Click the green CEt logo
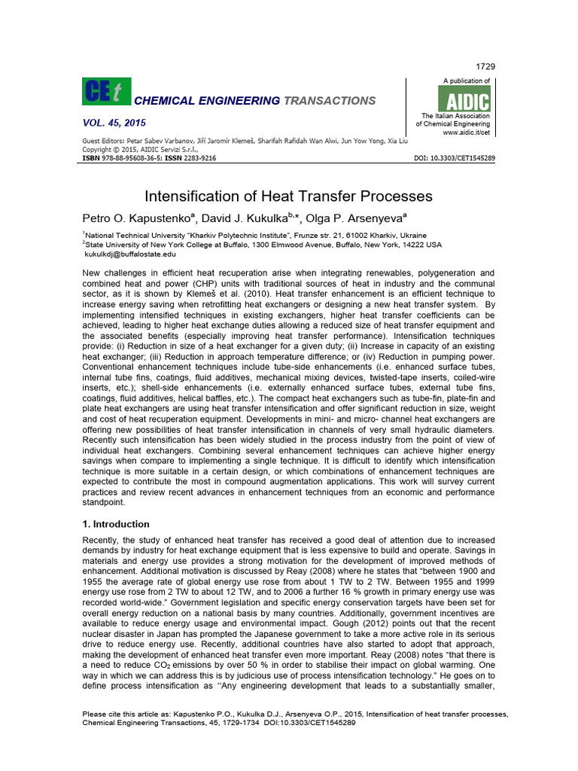(x=106, y=92)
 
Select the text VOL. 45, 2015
(x=114, y=123)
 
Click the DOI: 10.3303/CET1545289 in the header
(x=455, y=159)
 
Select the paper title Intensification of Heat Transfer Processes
(x=288, y=197)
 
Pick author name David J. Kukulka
(x=245, y=218)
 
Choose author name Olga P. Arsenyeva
(x=354, y=218)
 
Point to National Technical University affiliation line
(x=251, y=235)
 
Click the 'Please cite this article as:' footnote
(x=120, y=713)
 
